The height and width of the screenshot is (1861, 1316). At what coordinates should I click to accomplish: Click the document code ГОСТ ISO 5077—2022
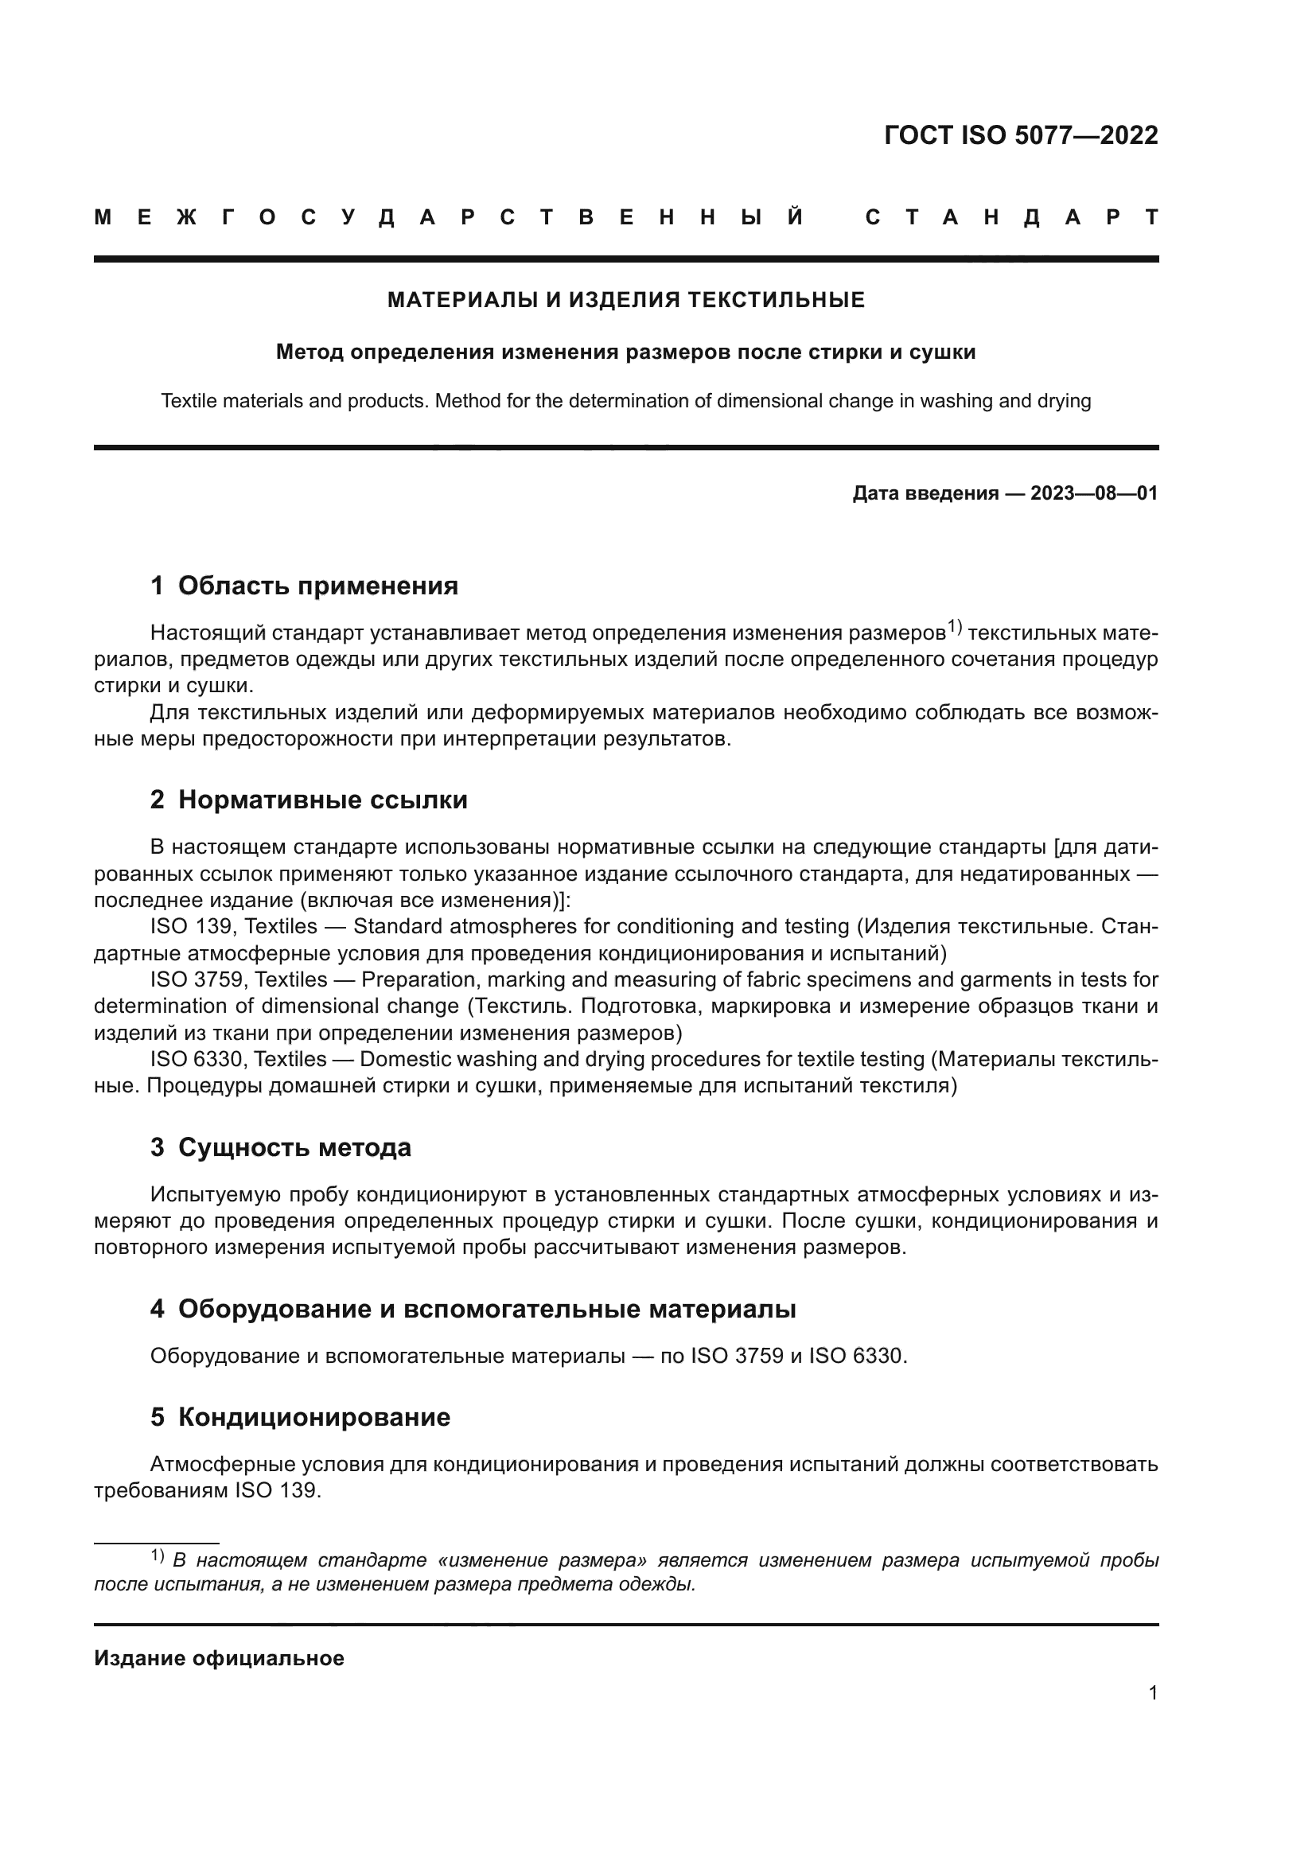pos(1020,135)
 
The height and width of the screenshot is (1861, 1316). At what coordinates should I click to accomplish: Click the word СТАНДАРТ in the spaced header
pos(1011,217)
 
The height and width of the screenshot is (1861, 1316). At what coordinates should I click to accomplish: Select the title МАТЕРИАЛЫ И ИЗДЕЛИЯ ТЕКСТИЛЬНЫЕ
pos(625,301)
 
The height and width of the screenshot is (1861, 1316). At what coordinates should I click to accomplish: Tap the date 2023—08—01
pos(1093,493)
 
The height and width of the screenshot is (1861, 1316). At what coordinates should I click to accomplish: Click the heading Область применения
pos(317,586)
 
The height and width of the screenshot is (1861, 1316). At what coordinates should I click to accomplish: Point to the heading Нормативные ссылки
pos(322,800)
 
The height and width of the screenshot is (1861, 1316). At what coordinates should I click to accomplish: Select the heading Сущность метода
pos(294,1148)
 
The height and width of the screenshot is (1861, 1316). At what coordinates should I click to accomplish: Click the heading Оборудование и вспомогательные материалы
pos(486,1309)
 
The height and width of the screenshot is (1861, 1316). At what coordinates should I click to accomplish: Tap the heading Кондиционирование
pos(313,1418)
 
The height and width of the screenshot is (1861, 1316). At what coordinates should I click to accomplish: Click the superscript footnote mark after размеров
pos(954,626)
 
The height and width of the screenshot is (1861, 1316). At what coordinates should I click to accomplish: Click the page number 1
pos(1152,1693)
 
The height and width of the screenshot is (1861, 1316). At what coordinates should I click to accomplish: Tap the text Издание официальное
pos(219,1658)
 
